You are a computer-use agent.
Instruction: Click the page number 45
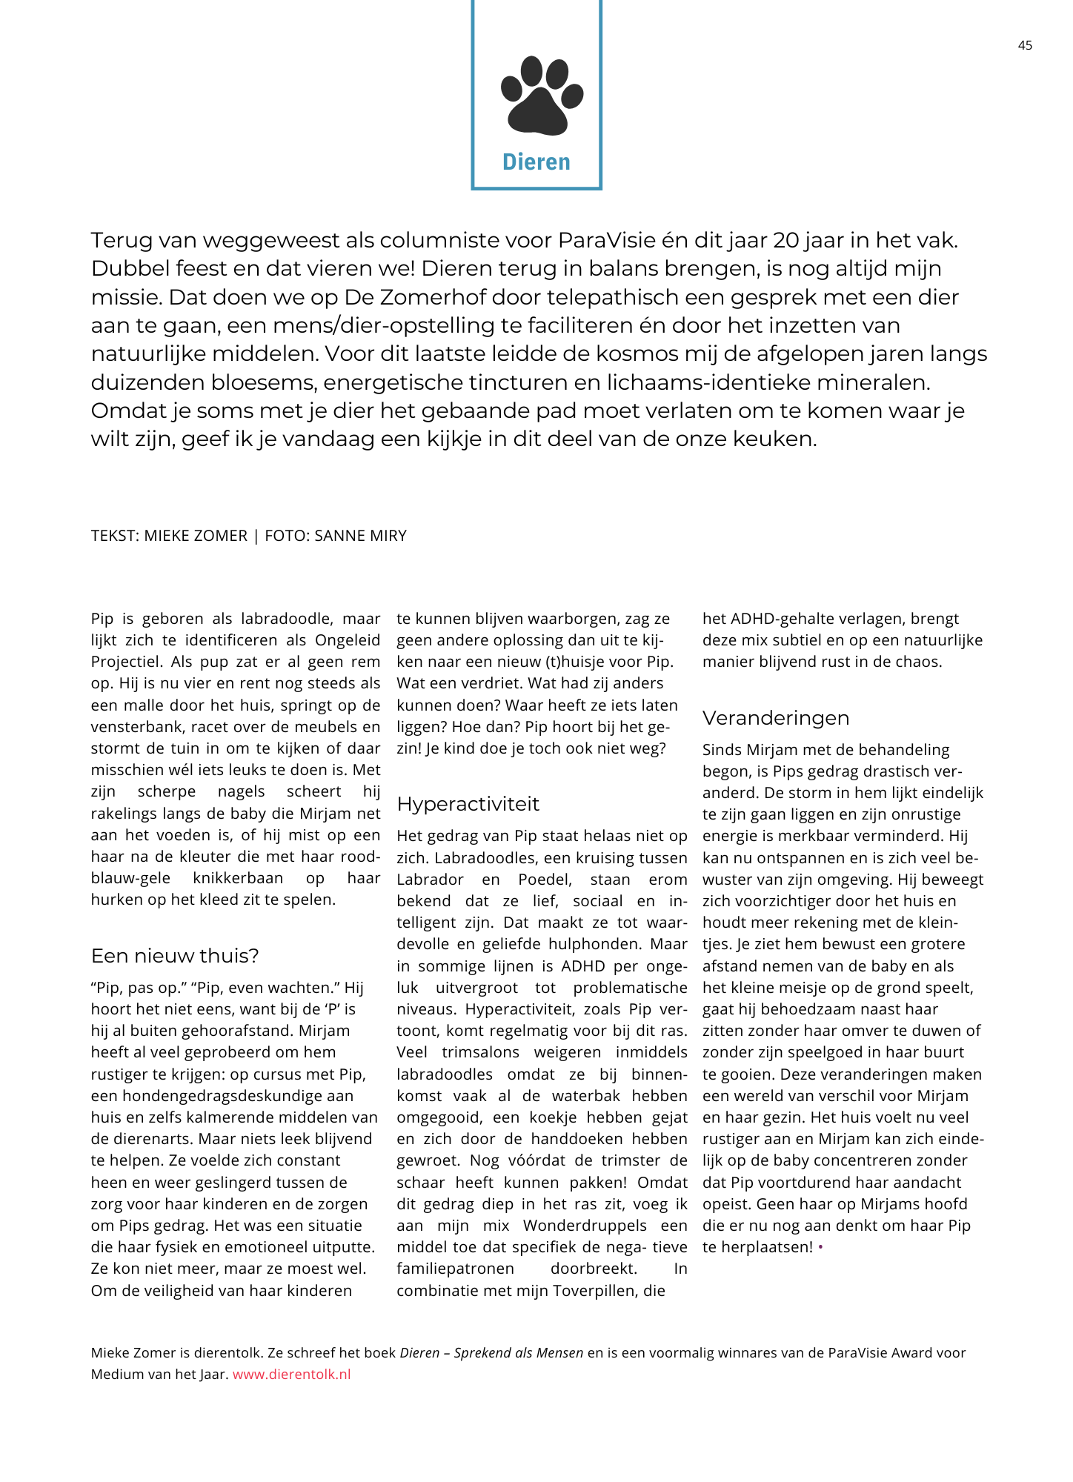[1025, 45]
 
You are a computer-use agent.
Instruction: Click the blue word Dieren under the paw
[536, 162]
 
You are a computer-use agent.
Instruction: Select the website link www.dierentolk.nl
[291, 1374]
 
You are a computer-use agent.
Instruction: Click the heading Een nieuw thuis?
[175, 956]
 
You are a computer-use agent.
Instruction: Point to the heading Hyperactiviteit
[468, 804]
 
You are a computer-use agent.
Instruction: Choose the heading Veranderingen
[776, 718]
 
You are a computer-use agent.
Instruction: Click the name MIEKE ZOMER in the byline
[196, 536]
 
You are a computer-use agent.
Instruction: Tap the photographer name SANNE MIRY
[360, 536]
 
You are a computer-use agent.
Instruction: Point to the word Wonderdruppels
[585, 1226]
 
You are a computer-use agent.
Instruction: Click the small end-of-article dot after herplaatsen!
[820, 1248]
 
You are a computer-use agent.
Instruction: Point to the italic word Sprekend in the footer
[482, 1352]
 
